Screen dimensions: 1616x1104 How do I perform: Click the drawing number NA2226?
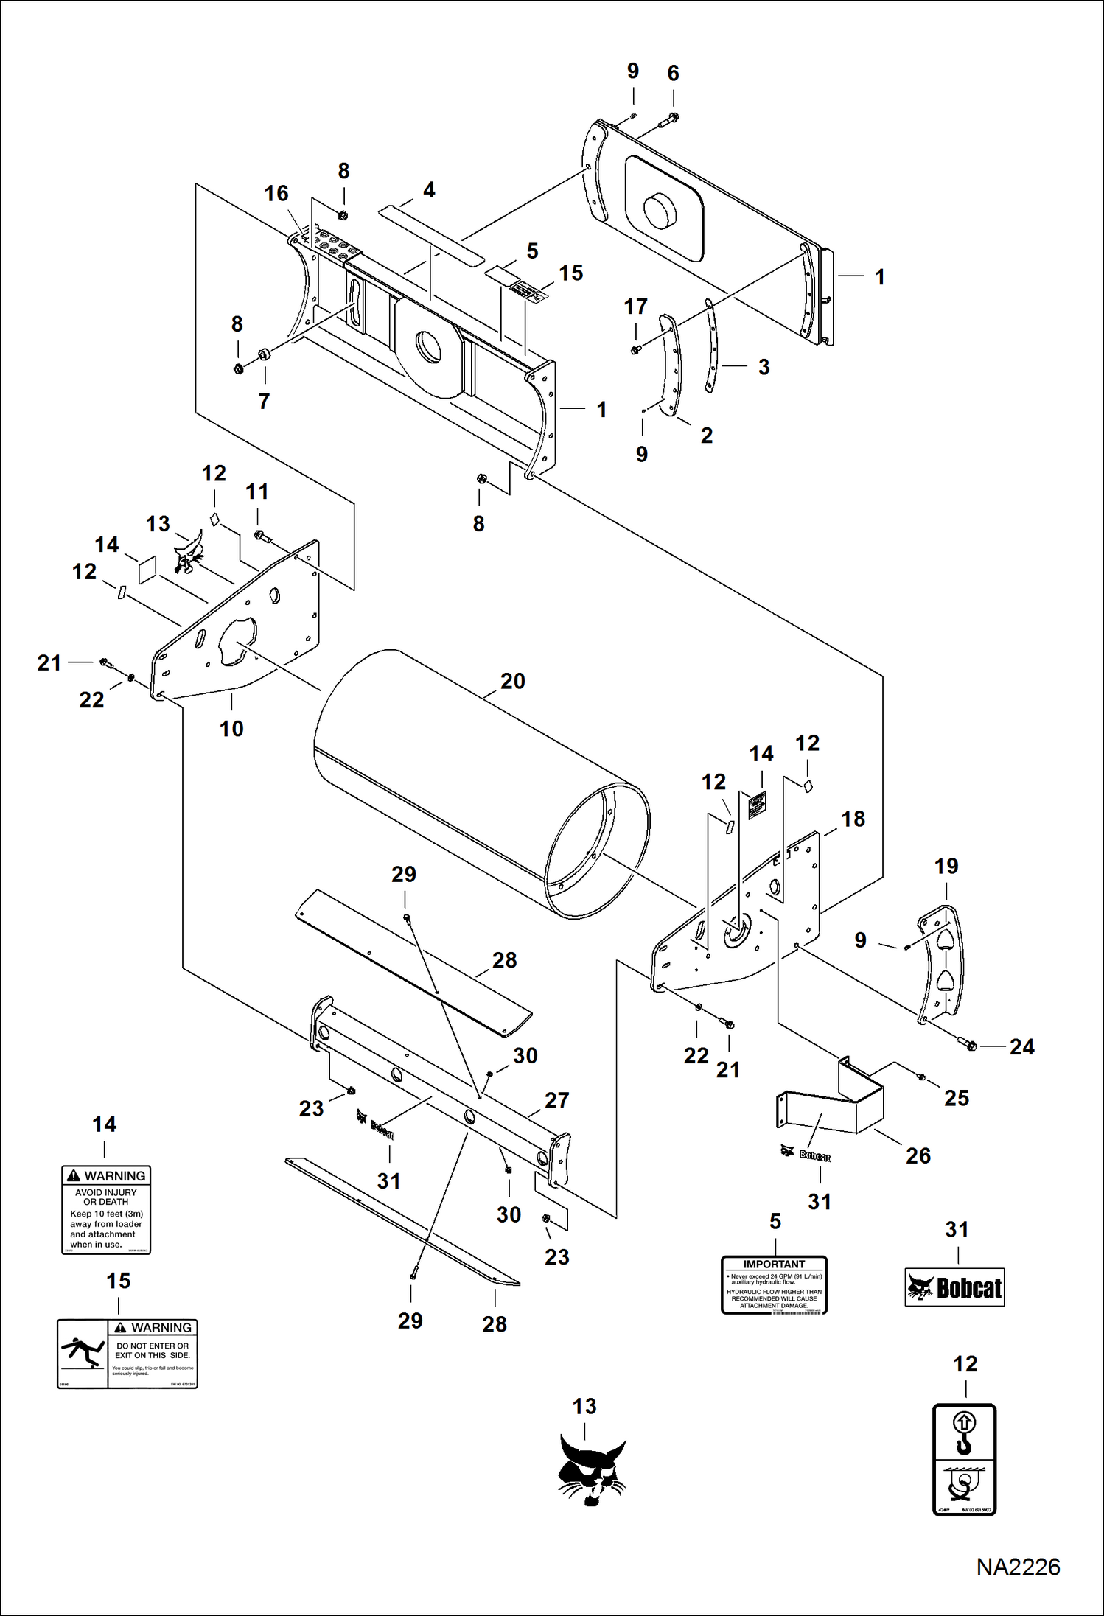coord(1018,1567)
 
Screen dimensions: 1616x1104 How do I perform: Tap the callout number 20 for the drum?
coord(512,682)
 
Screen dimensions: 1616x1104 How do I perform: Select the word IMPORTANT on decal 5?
coord(774,1264)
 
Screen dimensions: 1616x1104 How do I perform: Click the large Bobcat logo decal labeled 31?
coord(954,1287)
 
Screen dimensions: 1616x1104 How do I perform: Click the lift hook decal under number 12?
coord(964,1458)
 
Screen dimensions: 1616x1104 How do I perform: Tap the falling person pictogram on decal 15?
coord(83,1353)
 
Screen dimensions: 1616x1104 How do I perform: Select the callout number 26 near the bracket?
coord(918,1155)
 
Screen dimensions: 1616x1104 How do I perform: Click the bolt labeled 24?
coord(968,1043)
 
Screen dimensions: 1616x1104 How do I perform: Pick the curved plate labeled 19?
coord(941,965)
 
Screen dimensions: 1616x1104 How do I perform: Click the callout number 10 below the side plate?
coord(231,729)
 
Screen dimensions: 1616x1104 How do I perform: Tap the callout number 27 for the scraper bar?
coord(556,1100)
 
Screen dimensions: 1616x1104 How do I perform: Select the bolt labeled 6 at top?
coord(672,118)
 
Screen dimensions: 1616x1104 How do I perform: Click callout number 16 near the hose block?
coord(276,194)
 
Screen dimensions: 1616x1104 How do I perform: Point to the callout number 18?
coord(853,819)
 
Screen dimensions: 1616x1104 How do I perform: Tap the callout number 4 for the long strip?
coord(429,190)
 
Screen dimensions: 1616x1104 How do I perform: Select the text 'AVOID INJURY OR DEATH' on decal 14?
coord(105,1197)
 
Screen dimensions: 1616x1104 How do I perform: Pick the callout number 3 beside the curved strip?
coord(764,367)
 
